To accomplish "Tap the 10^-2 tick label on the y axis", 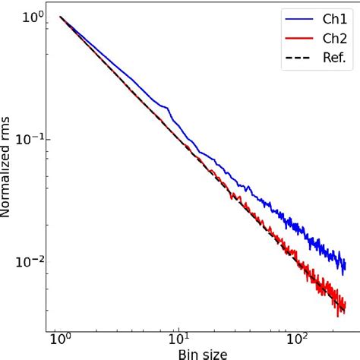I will click(29, 261).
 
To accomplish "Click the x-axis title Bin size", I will click(202, 353).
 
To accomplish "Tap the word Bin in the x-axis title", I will click(187, 353).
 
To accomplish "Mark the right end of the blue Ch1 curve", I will click(346, 266).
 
